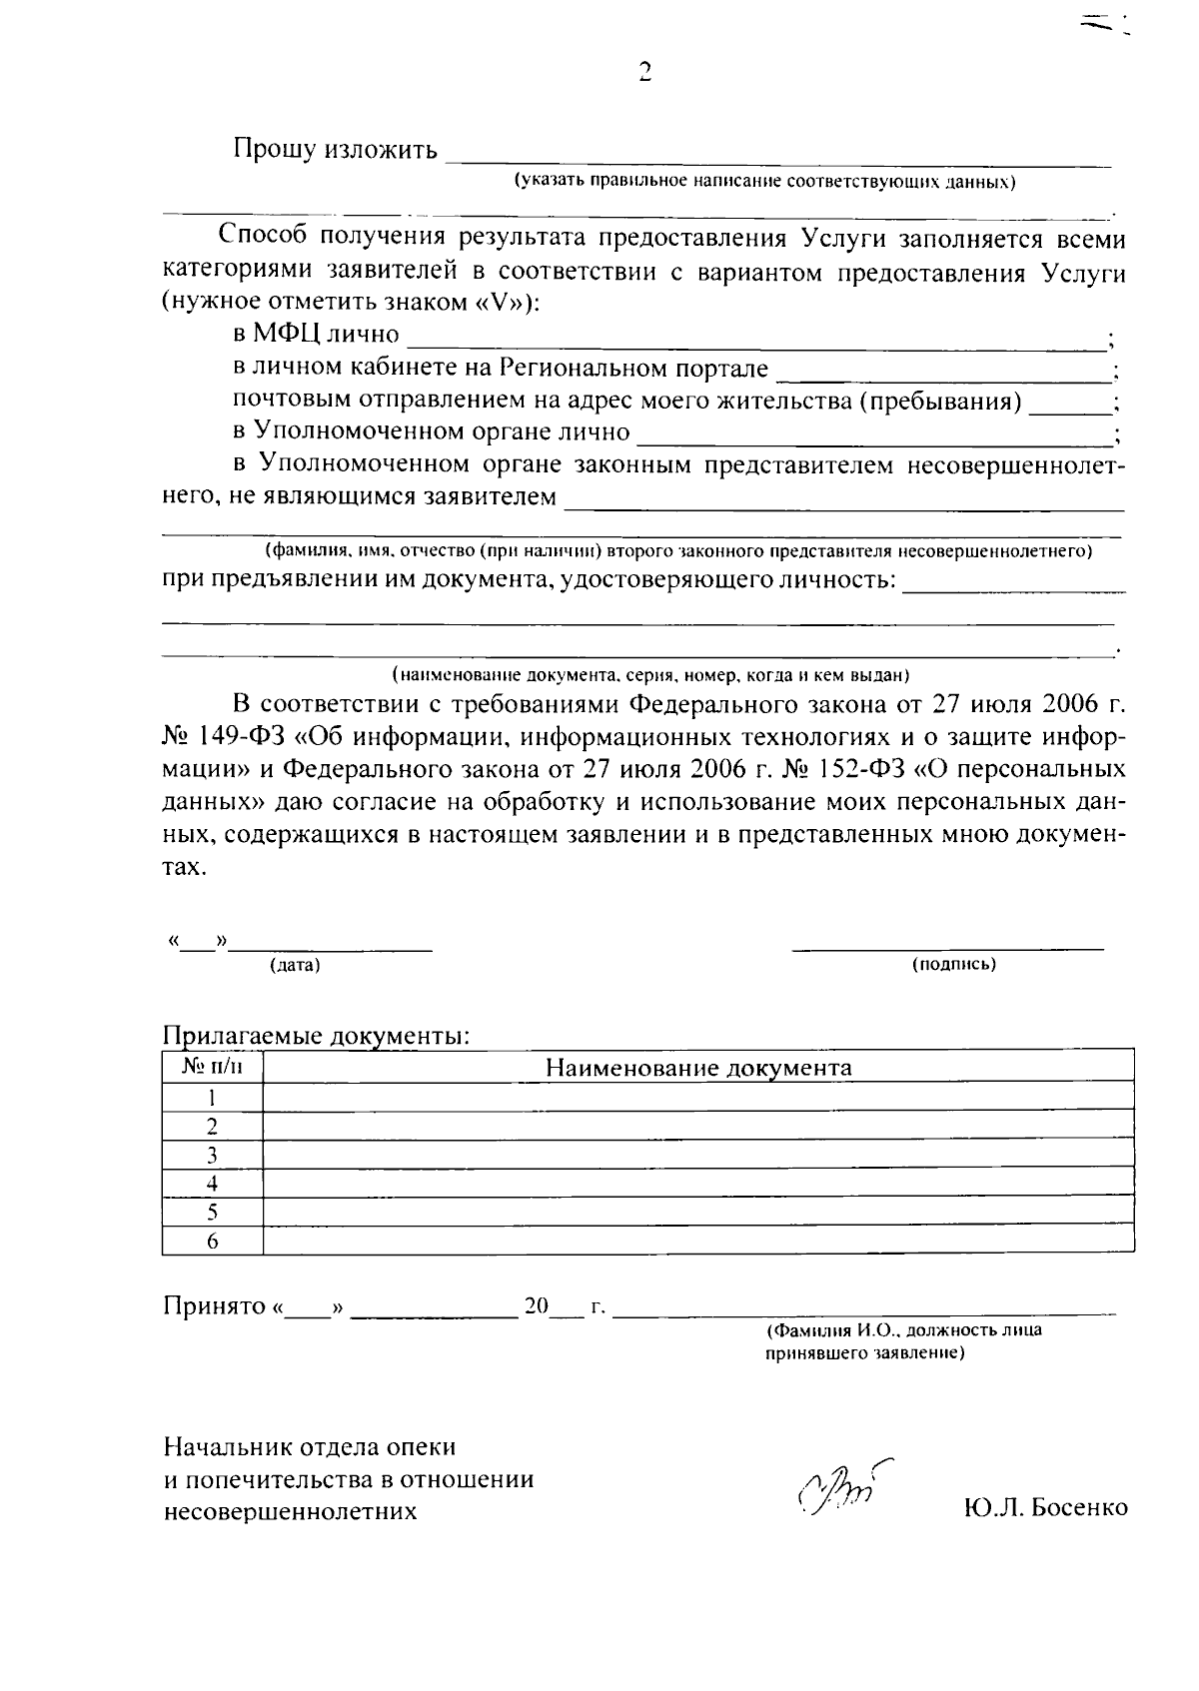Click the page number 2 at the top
coord(643,72)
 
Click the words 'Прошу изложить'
coord(335,151)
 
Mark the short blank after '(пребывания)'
coord(1070,405)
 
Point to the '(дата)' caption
coord(295,966)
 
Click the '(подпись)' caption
coord(953,965)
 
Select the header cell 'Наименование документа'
coord(698,1068)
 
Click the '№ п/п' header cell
coord(212,1067)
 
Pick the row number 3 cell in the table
coord(212,1156)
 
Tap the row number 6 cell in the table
coord(212,1242)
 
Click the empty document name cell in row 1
coord(698,1098)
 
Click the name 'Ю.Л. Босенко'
coord(1046,1508)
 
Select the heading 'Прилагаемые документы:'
coord(316,1036)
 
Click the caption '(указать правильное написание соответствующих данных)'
coord(764,183)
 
